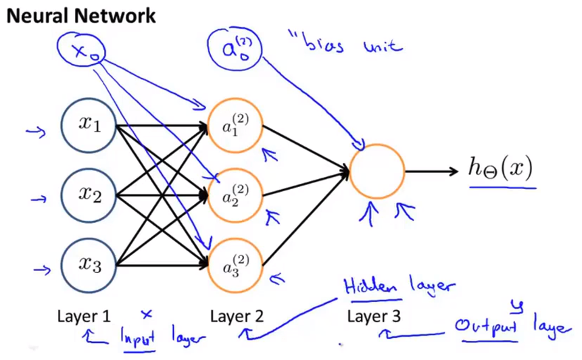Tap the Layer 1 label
84,315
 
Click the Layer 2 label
236,315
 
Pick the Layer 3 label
374,315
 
